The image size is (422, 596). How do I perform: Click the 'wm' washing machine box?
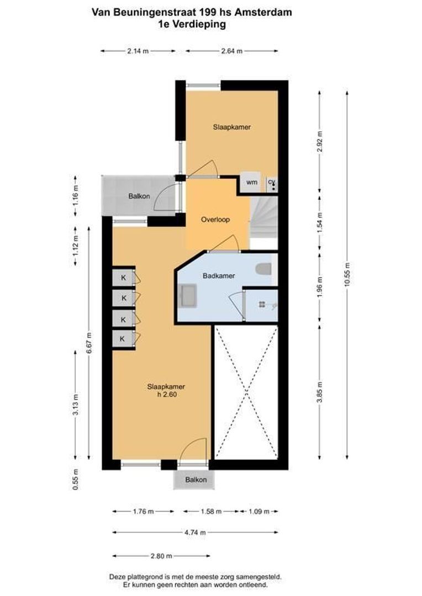coord(251,182)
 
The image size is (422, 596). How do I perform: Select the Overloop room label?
coord(215,219)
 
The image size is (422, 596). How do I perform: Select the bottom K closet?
coord(124,338)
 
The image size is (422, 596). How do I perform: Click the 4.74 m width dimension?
coord(195,533)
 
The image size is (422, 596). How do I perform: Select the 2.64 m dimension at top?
coord(231,51)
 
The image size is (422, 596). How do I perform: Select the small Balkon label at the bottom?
coord(196,480)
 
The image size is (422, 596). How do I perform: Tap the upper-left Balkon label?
coord(139,196)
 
